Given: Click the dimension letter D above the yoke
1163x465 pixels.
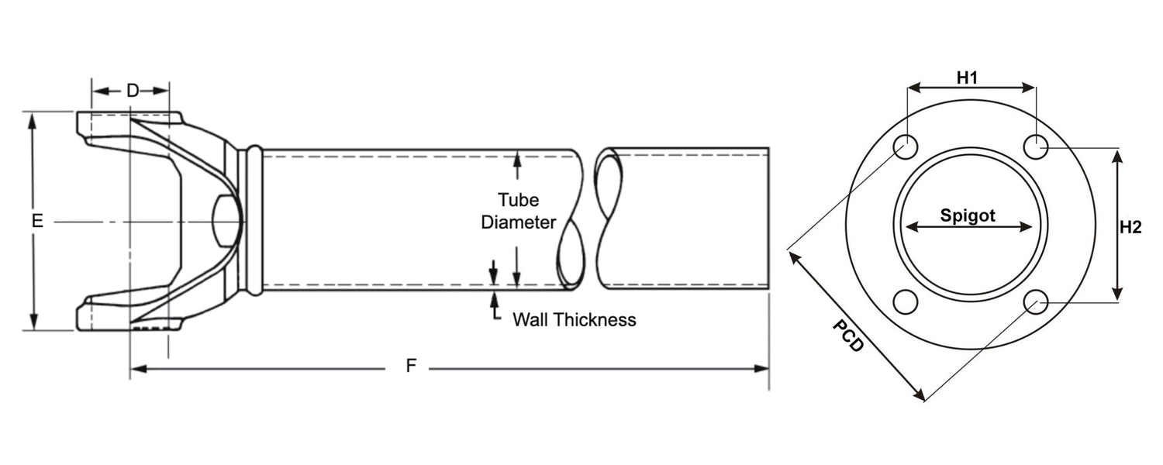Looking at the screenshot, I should tap(133, 91).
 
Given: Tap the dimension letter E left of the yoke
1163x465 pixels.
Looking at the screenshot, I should tap(36, 221).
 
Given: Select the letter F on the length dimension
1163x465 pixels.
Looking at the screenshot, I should tap(411, 367).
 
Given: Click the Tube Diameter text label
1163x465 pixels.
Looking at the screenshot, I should tap(519, 210).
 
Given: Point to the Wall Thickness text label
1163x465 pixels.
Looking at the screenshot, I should tap(574, 319).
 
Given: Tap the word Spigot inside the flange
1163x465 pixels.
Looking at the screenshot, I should tap(968, 216).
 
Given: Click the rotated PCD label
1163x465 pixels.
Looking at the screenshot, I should tap(847, 336).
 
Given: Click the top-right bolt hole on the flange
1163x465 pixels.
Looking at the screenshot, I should tap(1035, 146).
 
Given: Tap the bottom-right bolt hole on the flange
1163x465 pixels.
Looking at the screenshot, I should tap(1035, 301).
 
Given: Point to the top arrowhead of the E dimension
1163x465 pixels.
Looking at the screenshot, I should tap(33, 119).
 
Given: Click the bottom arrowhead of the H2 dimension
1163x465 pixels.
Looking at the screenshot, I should tap(1116, 294).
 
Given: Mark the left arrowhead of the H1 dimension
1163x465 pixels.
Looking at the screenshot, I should tap(913, 88).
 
